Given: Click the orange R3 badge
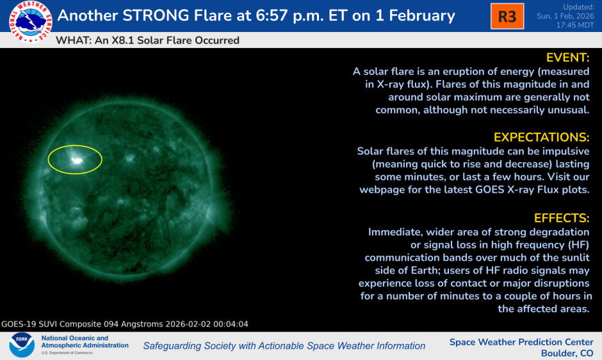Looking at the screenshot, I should (x=507, y=16).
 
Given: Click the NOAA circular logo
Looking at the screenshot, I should (x=21, y=345).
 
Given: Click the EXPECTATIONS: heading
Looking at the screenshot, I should (x=541, y=137).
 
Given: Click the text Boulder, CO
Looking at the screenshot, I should (x=567, y=353).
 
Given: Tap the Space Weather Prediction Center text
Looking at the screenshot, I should (x=521, y=341).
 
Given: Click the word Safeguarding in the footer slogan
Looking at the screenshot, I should (x=173, y=346).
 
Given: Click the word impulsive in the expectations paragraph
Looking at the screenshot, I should (x=564, y=151).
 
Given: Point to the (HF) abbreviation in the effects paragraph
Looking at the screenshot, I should (x=574, y=245).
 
